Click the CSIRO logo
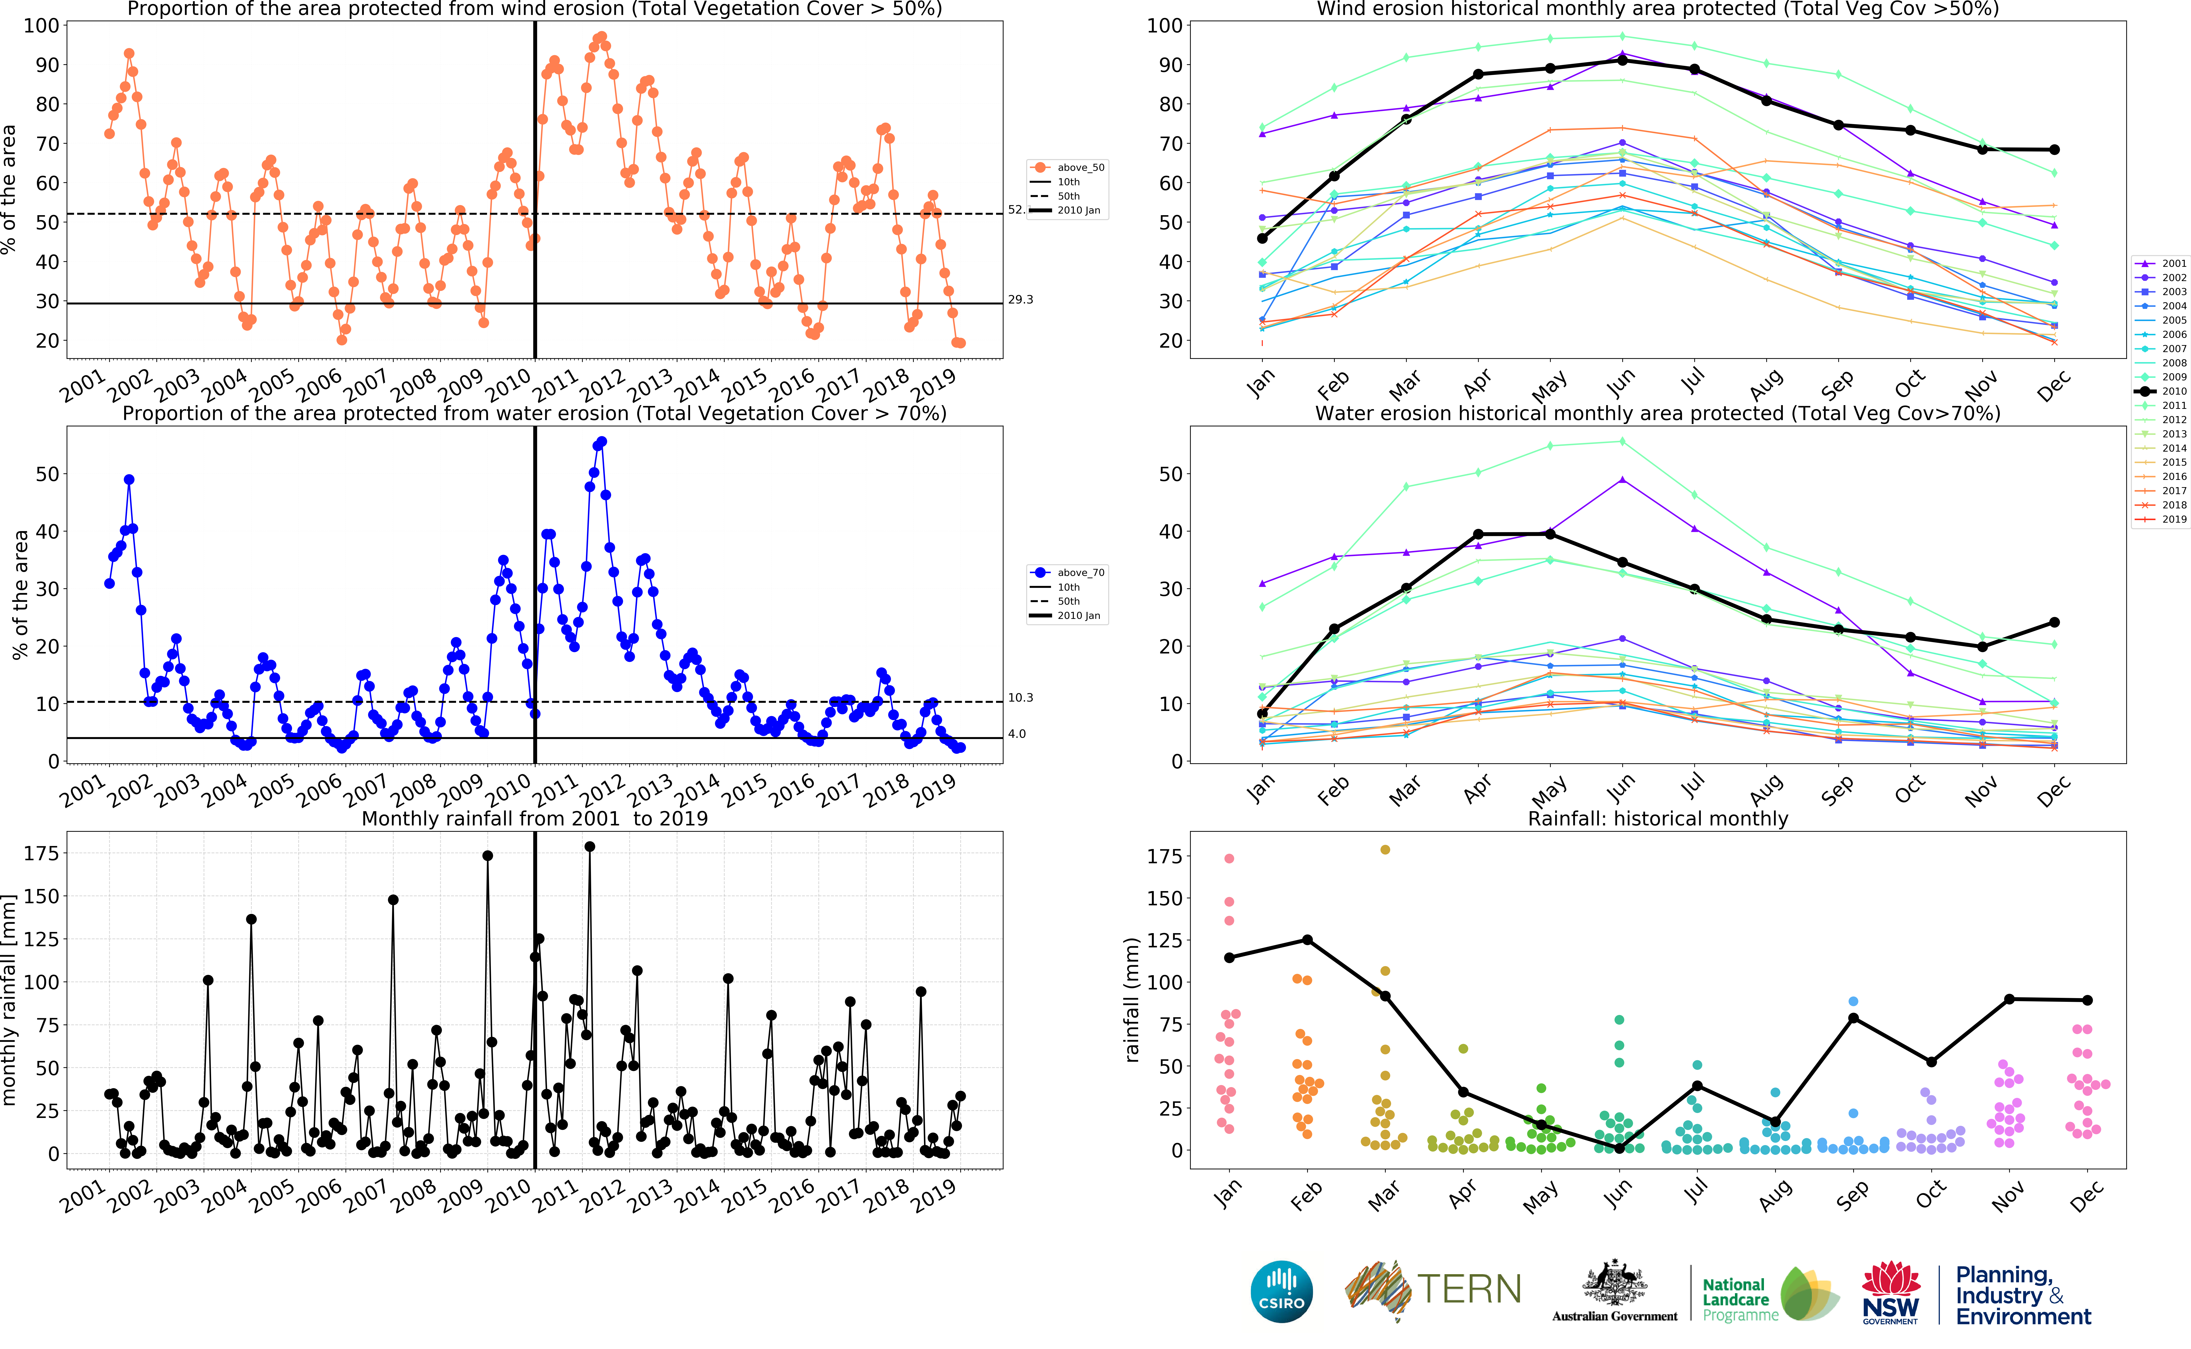coord(1282,1291)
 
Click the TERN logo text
coord(1469,1289)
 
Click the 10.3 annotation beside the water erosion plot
coord(1020,698)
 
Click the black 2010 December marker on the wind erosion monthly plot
coord(2054,150)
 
